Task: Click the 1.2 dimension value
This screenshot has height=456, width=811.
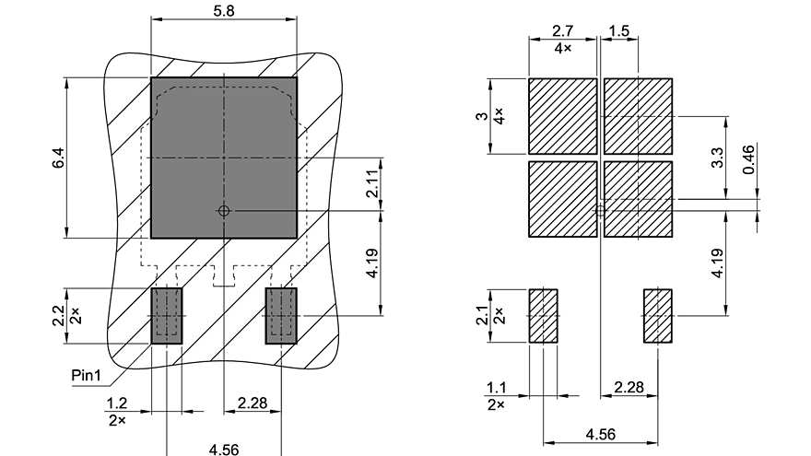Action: pyautogui.click(x=116, y=403)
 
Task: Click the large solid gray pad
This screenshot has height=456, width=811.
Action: pyautogui.click(x=223, y=158)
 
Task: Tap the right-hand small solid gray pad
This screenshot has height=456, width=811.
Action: pyautogui.click(x=281, y=316)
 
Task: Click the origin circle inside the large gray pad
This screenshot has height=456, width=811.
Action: pyautogui.click(x=223, y=211)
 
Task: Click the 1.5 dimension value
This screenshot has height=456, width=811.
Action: pyautogui.click(x=619, y=30)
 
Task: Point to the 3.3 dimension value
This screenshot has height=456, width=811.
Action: pyautogui.click(x=720, y=158)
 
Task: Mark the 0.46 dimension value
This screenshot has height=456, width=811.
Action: pyautogui.click(x=748, y=158)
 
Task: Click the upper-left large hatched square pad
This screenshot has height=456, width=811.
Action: pyautogui.click(x=562, y=115)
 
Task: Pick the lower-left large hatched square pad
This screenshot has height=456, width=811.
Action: pyautogui.click(x=562, y=198)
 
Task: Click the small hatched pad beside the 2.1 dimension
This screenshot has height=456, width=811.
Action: pyautogui.click(x=543, y=316)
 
